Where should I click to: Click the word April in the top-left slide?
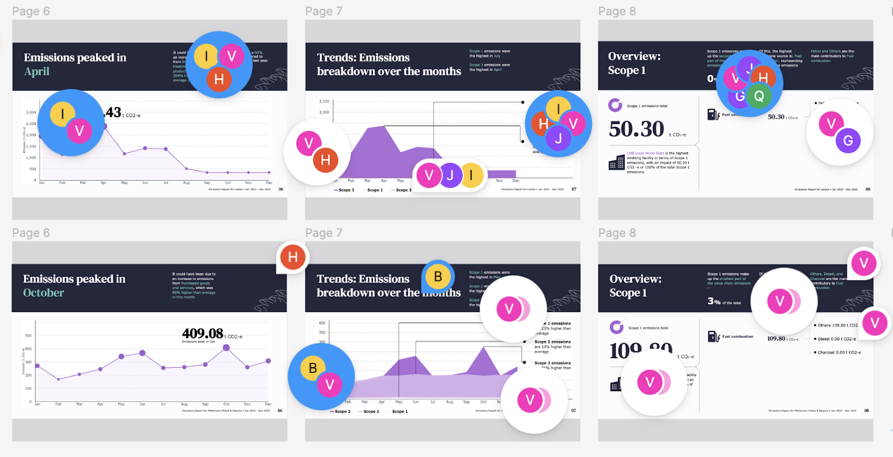point(37,71)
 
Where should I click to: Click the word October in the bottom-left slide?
point(44,293)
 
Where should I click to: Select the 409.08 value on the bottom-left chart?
point(203,334)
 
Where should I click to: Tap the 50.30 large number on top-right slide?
point(637,129)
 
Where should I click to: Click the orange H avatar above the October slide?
point(292,257)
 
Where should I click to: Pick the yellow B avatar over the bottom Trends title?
point(438,276)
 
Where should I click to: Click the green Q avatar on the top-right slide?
point(758,96)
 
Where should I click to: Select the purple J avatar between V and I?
point(450,176)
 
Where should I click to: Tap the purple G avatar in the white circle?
point(848,141)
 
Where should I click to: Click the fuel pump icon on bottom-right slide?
point(713,336)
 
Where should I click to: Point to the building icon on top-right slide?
point(617,162)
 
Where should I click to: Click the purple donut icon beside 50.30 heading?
point(615,105)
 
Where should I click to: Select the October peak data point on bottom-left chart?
point(226,347)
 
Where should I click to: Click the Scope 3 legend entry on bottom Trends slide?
point(340,412)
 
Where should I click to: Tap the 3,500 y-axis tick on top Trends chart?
point(324,102)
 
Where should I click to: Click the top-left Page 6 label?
point(31,11)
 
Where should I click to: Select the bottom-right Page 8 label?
point(617,233)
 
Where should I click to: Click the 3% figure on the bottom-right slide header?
point(714,301)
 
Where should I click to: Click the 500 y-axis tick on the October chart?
point(28,336)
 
